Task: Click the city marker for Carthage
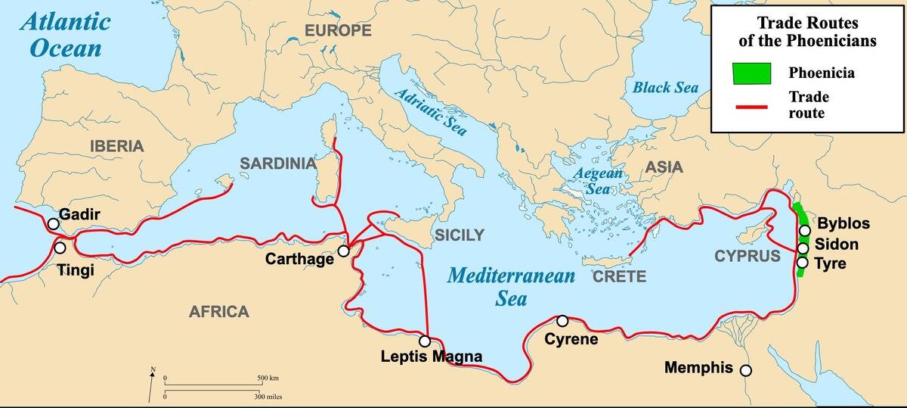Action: point(344,251)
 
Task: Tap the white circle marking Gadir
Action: point(52,224)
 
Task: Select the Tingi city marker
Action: point(59,248)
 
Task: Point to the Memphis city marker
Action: point(746,370)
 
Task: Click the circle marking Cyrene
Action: point(562,321)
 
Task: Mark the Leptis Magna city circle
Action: point(425,341)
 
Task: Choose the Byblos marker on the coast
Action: point(805,230)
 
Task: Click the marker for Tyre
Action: point(802,263)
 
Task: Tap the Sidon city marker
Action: point(803,248)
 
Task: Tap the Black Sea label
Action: point(665,88)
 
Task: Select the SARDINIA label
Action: point(277,164)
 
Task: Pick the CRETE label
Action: point(619,276)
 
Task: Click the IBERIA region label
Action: point(116,146)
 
